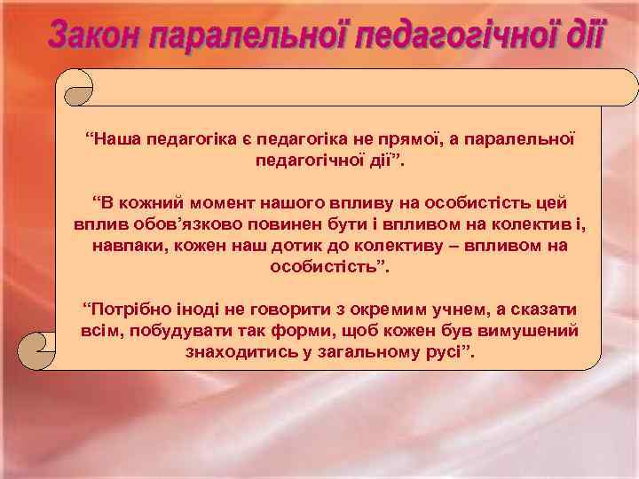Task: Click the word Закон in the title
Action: [x=95, y=36]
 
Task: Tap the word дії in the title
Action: [x=580, y=36]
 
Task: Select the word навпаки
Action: [x=127, y=245]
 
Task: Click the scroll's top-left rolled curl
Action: [x=75, y=87]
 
